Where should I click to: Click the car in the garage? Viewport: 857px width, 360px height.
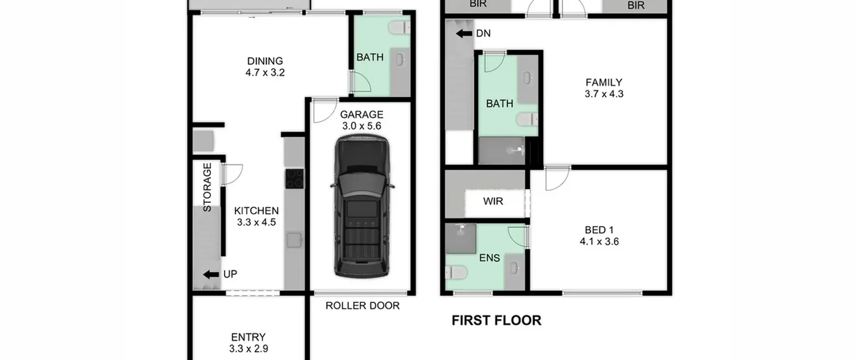(362, 206)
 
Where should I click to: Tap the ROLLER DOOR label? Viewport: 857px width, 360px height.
(363, 306)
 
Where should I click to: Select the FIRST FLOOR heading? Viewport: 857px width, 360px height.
(496, 320)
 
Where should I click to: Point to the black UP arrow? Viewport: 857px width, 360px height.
(211, 275)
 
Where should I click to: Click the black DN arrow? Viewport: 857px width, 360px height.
(464, 33)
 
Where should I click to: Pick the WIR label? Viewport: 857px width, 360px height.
(493, 201)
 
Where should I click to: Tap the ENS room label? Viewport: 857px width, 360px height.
(489, 258)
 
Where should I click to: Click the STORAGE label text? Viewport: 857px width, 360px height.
(207, 187)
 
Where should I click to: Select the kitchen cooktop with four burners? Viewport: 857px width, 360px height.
(295, 178)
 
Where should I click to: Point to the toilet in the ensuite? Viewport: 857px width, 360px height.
(456, 273)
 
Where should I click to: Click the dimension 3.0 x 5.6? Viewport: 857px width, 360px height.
(362, 126)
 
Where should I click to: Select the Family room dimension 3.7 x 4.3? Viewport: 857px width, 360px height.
(604, 94)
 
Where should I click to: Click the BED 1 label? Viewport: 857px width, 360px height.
(599, 230)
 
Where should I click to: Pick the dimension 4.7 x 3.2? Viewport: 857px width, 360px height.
(265, 73)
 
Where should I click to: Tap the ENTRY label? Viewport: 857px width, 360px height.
(248, 337)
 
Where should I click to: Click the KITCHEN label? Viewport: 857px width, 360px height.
(256, 211)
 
